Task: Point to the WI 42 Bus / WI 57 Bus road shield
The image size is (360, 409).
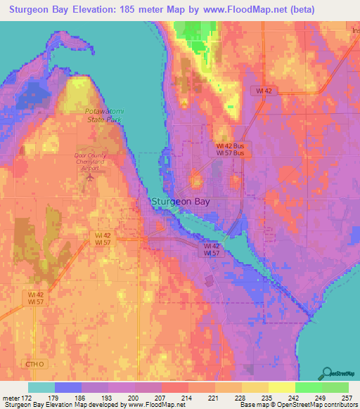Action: (x=229, y=148)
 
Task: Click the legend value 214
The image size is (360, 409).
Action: (x=187, y=398)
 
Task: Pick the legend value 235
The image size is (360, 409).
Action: (x=267, y=398)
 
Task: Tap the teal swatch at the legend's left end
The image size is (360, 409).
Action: (x=41, y=387)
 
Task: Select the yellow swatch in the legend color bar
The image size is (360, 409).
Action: (x=281, y=387)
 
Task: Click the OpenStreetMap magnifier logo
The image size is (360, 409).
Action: (x=328, y=372)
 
